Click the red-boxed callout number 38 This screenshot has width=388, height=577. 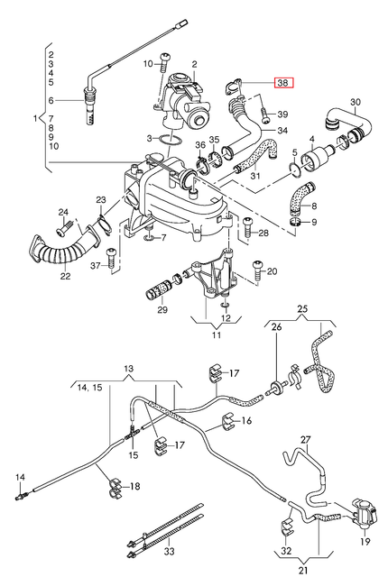(x=283, y=83)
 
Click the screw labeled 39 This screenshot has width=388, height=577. (x=264, y=115)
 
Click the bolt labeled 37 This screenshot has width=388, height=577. (x=111, y=259)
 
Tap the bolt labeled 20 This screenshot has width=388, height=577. (x=257, y=270)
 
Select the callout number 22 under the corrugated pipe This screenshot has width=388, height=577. (x=65, y=276)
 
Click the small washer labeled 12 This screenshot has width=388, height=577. (x=226, y=305)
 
